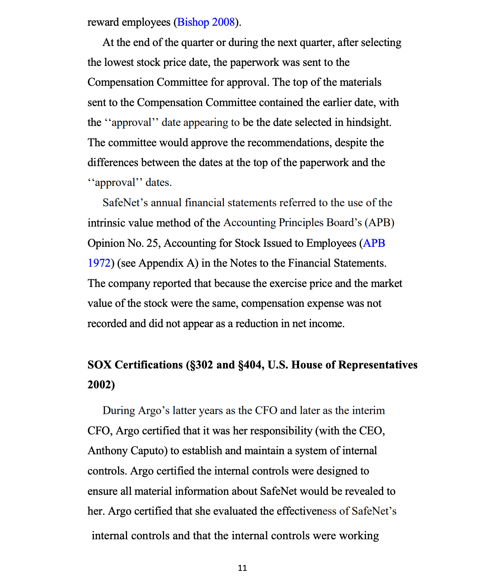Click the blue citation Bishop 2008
coord(206,22)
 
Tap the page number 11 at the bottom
coord(242,568)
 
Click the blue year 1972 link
coord(99,263)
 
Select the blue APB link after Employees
coord(374,243)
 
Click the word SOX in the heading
coord(99,365)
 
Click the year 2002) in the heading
coord(101,385)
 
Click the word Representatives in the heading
coord(378,365)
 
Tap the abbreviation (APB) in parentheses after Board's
coord(379,223)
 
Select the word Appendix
coord(161,263)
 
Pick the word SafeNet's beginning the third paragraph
coord(125,203)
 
